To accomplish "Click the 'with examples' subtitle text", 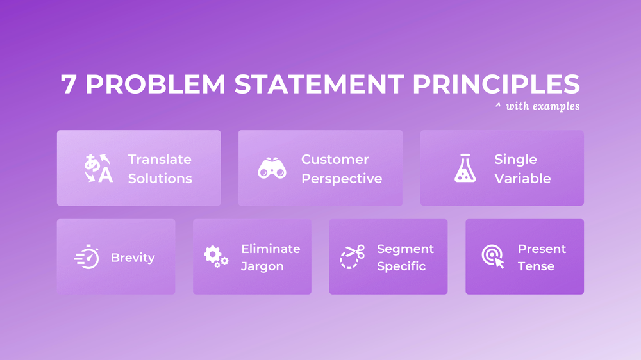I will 542,106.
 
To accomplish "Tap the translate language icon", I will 98,168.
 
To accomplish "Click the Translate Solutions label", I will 160,168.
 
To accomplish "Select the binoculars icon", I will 272,168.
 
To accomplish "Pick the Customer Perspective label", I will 342,168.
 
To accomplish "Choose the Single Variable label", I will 522,168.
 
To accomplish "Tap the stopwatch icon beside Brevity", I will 87,258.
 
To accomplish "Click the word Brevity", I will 133,258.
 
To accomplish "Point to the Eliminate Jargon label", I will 270,257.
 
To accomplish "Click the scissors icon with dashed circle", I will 351,257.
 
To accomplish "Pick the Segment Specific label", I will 405,257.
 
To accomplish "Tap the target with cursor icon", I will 493,257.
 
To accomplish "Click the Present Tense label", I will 542,257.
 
